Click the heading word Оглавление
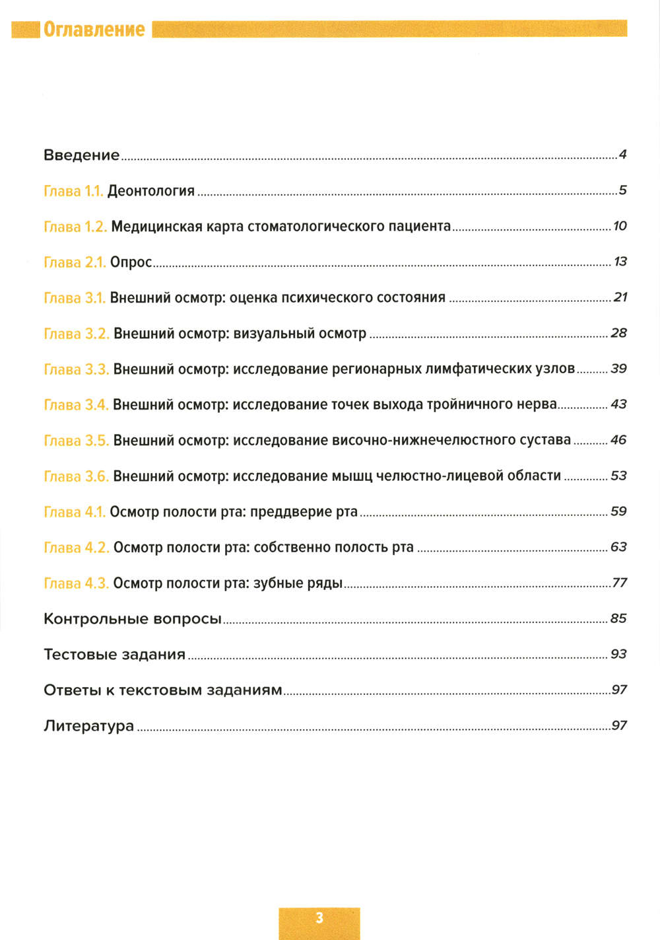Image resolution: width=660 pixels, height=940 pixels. point(94,30)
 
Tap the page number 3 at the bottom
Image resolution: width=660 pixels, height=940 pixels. point(319,918)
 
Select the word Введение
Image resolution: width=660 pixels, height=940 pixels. point(82,155)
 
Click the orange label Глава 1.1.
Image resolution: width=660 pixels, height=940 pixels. point(73,191)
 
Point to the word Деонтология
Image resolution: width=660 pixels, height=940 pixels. point(151,192)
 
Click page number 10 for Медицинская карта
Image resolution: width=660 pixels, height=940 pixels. point(620,226)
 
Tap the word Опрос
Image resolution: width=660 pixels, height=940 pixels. point(131,262)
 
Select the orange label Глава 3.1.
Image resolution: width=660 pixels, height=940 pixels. point(75,298)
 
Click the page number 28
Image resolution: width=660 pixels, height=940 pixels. point(618,333)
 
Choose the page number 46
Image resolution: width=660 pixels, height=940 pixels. point(618,440)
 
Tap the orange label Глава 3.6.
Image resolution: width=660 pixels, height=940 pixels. point(76,476)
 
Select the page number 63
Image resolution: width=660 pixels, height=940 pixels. point(618,547)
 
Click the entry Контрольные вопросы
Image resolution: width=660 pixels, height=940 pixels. point(133,619)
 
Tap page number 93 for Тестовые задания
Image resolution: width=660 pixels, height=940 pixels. point(618,654)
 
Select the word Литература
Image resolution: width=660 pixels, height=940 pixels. point(89,726)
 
